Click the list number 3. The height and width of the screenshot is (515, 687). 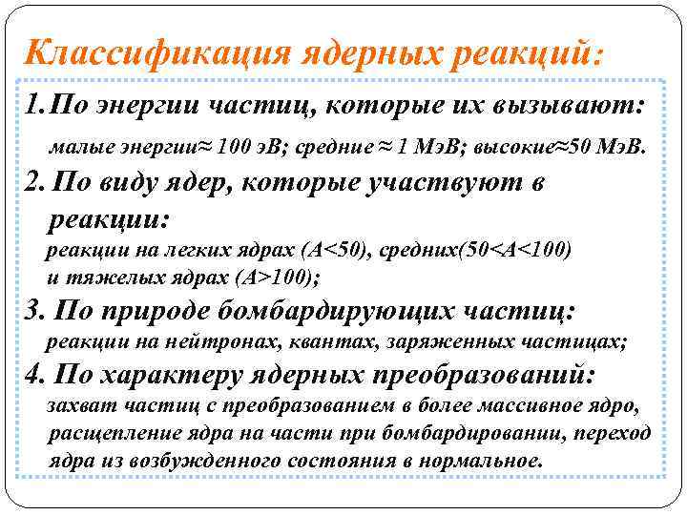click(31, 311)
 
